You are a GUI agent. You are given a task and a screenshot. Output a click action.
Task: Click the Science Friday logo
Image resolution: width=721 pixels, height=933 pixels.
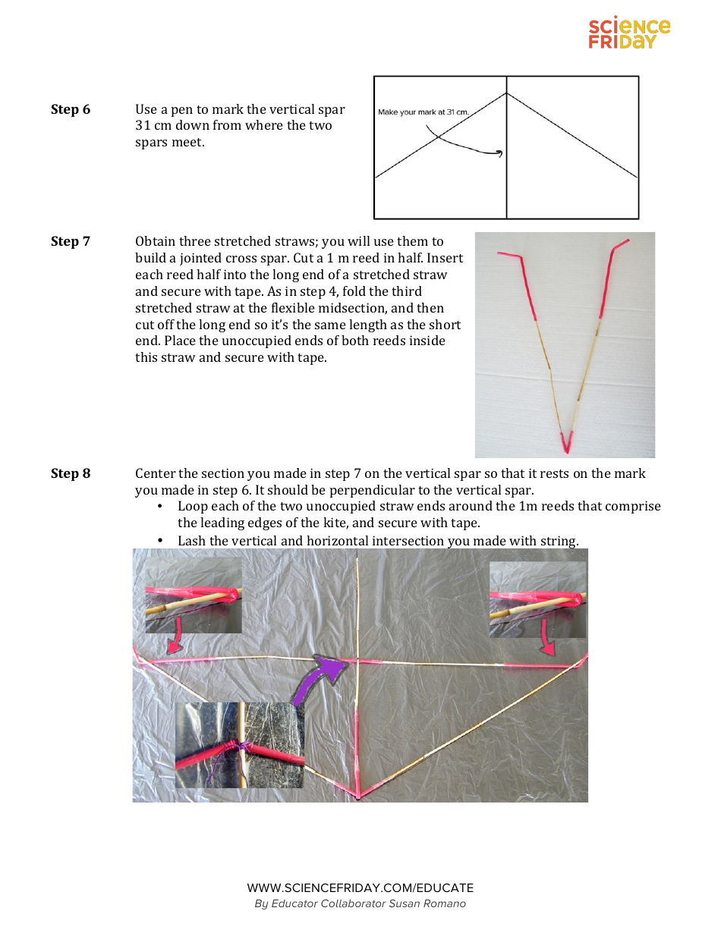(629, 34)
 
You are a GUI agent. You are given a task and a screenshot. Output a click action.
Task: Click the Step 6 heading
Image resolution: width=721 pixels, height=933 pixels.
(71, 109)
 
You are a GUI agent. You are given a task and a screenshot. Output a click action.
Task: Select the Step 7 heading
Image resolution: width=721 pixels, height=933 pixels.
(71, 241)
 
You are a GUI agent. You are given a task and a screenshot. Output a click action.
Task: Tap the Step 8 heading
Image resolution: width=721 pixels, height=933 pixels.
(71, 473)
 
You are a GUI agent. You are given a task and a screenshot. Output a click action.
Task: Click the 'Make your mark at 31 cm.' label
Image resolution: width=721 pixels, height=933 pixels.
(423, 112)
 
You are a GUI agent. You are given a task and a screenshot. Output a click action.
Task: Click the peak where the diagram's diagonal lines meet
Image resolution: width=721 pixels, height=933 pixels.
(506, 93)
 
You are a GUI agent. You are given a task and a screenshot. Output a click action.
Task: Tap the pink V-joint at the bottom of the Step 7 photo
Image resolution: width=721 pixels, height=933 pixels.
(566, 440)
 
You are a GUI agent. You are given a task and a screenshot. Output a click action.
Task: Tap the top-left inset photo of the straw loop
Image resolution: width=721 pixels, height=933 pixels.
(194, 595)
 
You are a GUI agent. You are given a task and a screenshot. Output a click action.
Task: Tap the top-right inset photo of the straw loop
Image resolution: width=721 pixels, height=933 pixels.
(537, 599)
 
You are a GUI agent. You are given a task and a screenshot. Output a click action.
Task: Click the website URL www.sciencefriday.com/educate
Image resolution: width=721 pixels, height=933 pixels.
(360, 887)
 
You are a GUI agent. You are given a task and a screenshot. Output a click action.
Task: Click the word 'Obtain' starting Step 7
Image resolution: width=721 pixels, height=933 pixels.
(155, 241)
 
